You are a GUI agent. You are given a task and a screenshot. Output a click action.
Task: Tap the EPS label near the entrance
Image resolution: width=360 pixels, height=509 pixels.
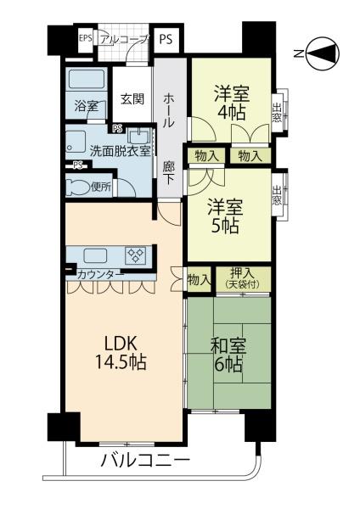[x=86, y=38]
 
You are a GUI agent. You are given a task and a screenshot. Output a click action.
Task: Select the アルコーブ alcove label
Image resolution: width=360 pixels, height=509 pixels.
[x=124, y=40]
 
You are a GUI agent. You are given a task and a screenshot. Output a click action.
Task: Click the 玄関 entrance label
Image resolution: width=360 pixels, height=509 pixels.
[x=132, y=98]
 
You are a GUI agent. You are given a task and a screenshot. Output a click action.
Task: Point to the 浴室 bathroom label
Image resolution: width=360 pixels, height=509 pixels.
[x=87, y=106]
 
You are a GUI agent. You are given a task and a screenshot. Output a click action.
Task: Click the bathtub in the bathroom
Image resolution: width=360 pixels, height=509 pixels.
[x=87, y=80]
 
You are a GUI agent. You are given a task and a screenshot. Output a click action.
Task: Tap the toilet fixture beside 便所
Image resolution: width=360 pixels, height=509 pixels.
[x=77, y=187]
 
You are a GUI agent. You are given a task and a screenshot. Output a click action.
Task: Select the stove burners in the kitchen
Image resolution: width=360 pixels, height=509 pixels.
[x=136, y=255]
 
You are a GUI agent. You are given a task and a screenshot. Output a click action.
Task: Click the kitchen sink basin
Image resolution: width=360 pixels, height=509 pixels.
[x=95, y=255]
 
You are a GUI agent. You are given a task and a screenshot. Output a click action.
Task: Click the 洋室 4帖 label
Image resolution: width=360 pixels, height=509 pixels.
[x=231, y=103]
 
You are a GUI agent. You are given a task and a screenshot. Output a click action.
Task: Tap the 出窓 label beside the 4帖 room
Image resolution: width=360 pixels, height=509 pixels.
[x=277, y=112]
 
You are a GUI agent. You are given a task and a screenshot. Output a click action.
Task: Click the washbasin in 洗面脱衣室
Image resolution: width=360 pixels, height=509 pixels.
[x=138, y=137]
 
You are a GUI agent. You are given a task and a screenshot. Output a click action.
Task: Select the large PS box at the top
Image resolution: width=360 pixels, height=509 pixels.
[x=166, y=39]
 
